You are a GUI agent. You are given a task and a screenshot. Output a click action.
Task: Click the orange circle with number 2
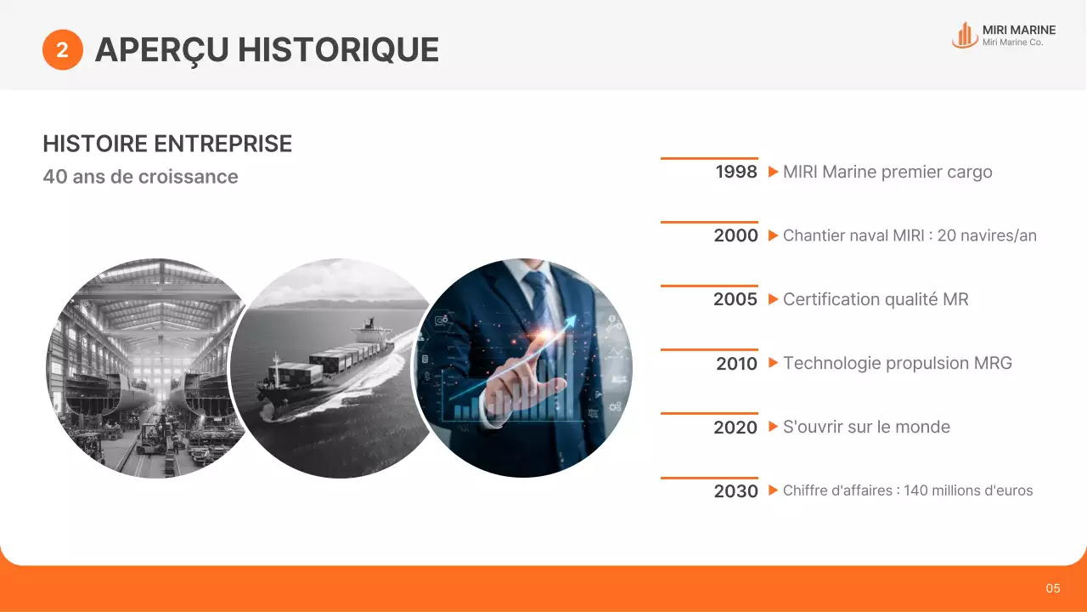62,50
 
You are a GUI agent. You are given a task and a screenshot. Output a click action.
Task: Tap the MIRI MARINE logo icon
964,36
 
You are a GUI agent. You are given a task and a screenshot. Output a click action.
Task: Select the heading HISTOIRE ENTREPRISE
167,144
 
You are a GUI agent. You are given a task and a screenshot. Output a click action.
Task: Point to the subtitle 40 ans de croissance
140,177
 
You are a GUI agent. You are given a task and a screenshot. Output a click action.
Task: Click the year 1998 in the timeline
735,172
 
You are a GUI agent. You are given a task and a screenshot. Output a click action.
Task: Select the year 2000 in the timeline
735,235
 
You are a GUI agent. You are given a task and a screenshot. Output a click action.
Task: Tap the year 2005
735,299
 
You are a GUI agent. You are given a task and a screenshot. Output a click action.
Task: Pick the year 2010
735,364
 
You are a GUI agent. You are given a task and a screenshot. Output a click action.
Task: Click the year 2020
735,428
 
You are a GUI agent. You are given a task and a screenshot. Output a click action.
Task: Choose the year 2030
735,491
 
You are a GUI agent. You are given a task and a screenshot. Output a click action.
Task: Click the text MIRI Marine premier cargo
887,172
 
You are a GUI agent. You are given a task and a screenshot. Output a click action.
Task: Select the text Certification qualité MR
876,299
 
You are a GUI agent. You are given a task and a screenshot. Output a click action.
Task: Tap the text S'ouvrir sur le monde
866,427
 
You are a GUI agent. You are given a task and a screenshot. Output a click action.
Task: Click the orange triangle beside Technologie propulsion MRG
773,363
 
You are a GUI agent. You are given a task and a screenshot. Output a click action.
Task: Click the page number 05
1053,588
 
